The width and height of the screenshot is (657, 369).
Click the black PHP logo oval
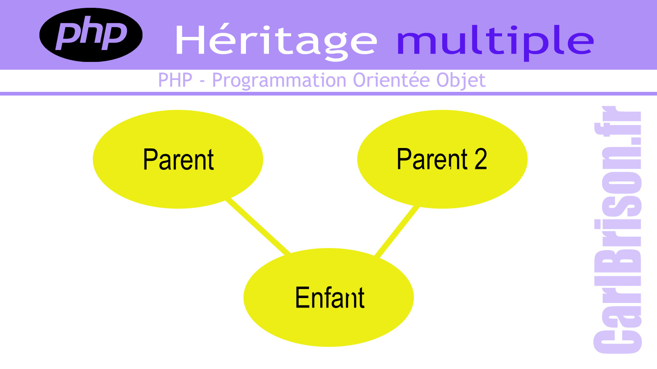(91, 35)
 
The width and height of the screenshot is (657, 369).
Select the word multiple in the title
(495, 43)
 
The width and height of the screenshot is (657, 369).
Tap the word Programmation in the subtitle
(279, 81)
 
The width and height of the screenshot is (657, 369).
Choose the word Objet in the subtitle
(461, 81)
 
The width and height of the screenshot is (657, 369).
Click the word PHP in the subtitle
(175, 80)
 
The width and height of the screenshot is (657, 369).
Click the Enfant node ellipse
(328, 297)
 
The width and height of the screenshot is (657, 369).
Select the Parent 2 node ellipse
(442, 159)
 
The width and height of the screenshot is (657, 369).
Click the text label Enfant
(330, 298)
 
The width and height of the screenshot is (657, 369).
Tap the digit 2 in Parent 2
(481, 159)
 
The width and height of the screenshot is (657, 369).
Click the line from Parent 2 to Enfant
(397, 232)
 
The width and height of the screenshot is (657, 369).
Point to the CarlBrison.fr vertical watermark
(618, 230)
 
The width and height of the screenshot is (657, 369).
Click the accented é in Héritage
(223, 40)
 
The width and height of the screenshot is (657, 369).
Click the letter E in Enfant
(302, 298)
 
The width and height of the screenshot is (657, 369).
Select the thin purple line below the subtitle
(328, 94)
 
